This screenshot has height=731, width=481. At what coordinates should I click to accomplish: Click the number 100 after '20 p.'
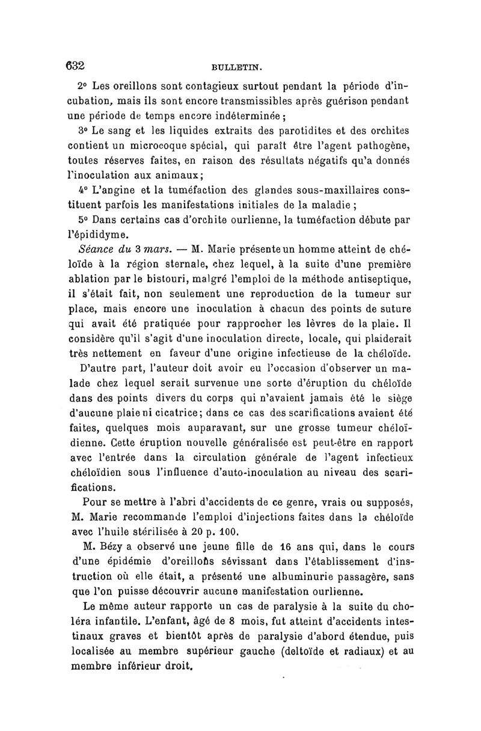pyautogui.click(x=230, y=530)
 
